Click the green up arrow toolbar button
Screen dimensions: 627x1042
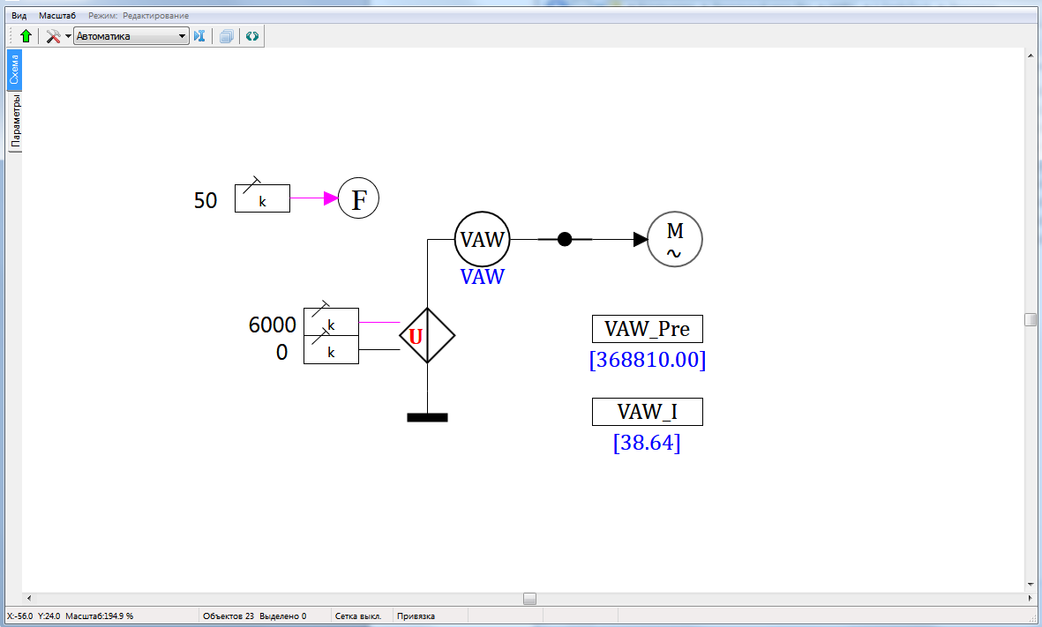26,36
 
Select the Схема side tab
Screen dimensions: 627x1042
14,70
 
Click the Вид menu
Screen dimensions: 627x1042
19,16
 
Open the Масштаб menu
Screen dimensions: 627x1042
57,16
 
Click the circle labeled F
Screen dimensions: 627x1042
359,198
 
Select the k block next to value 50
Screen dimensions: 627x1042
262,198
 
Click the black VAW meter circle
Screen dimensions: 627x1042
483,239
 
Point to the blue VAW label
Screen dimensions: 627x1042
483,277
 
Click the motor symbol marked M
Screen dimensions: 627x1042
675,239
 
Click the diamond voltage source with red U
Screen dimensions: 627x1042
427,335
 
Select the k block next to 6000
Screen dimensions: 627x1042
331,322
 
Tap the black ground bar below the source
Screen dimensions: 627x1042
427,417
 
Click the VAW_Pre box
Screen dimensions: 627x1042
647,329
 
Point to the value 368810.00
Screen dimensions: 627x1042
648,360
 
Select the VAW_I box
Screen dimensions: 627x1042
647,412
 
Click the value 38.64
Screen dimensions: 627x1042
647,443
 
